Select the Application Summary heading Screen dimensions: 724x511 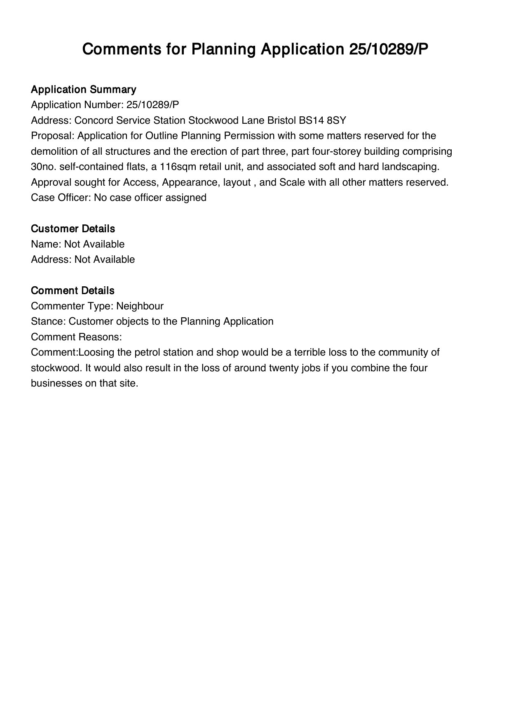coord(83,90)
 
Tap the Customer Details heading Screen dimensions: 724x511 coord(73,229)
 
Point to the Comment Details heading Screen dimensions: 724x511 coord(73,290)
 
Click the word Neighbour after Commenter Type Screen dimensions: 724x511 coord(140,306)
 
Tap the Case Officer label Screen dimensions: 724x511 coord(61,198)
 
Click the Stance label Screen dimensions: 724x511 coord(48,321)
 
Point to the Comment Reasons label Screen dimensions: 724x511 coord(76,337)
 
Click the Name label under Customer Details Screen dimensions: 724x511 coord(46,244)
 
